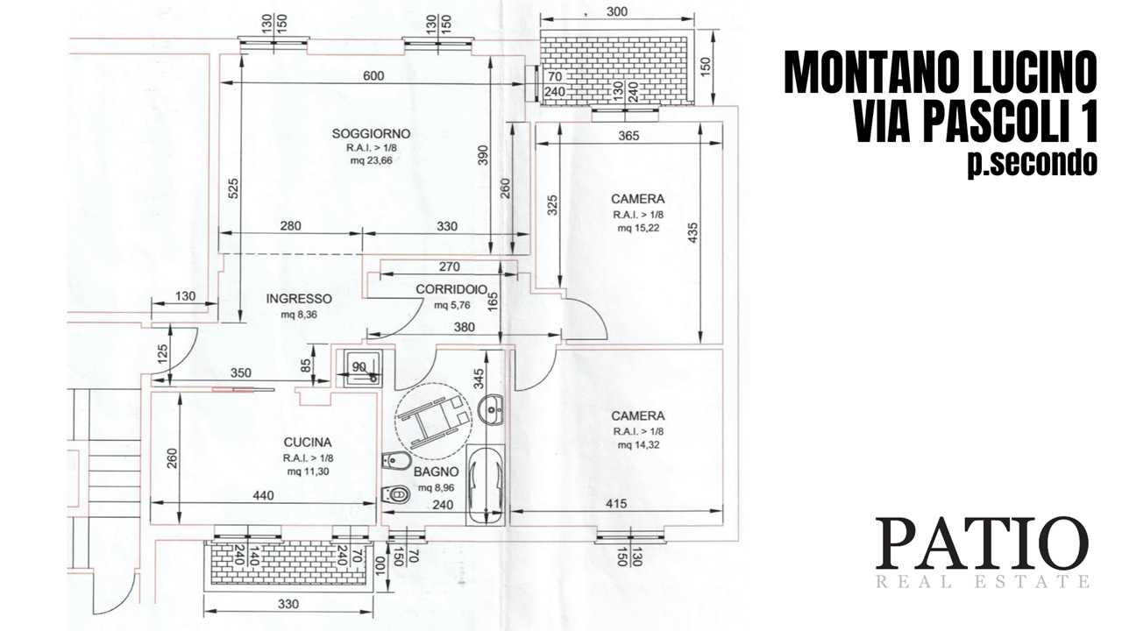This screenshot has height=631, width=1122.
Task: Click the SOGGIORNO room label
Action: pos(371,134)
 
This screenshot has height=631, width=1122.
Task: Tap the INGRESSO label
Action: pos(299,299)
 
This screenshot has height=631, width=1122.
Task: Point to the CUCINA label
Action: pos(308,443)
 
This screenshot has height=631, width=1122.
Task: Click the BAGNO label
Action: pos(437,471)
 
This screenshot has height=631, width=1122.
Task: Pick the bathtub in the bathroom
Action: pos(485,485)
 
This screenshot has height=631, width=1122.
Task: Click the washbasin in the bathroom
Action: pos(491,410)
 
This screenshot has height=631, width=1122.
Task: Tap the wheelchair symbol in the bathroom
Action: pos(433,422)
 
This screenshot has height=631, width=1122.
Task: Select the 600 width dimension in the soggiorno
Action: pos(373,75)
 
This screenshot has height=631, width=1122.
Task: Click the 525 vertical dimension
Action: pos(233,188)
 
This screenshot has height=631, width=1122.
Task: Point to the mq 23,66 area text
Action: pos(371,160)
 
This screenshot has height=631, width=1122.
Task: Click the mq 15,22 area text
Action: pos(638,229)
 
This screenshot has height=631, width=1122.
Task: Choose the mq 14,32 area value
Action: pos(638,445)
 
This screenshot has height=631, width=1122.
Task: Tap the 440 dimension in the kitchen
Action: pos(264,496)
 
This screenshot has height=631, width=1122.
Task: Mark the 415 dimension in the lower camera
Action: pos(616,504)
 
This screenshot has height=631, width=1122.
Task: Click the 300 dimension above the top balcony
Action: pos(616,11)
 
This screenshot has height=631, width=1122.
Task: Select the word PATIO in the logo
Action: pos(982,545)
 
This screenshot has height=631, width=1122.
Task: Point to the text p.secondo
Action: pos(1033,162)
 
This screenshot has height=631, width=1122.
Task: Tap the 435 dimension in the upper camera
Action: pos(693,233)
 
